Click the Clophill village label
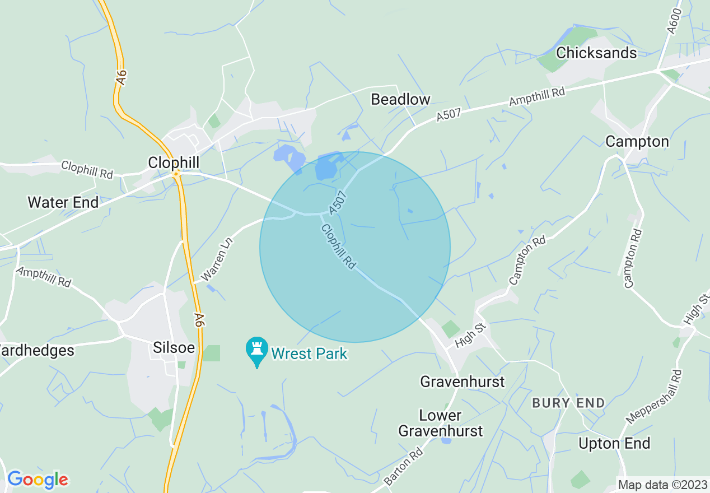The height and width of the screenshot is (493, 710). (174, 162)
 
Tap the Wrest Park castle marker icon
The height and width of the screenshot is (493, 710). (257, 351)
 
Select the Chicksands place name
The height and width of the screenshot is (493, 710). (596, 53)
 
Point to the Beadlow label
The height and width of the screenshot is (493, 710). (400, 100)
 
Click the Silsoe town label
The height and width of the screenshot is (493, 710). (174, 348)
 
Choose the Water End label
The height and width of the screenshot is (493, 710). (63, 202)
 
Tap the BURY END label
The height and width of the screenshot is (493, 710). (568, 403)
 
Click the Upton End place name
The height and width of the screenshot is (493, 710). (614, 444)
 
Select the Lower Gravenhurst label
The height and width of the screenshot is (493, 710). (440, 423)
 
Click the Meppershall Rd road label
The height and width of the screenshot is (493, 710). (655, 396)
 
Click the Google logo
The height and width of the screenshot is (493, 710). (38, 480)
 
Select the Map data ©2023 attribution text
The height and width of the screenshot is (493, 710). (662, 484)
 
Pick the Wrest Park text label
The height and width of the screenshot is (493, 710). (309, 354)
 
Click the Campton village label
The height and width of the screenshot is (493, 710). (637, 142)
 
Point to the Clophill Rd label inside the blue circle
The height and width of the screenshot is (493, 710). (338, 246)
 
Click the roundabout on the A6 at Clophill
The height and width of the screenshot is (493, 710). (176, 174)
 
